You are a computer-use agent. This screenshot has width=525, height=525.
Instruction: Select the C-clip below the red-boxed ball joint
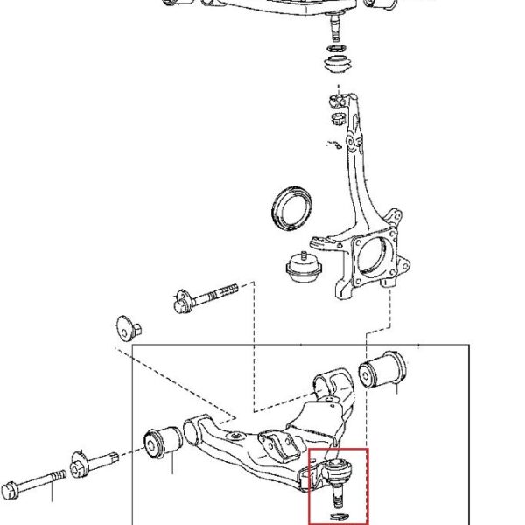(339, 516)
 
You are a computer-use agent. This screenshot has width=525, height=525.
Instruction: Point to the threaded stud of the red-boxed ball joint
(337, 498)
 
